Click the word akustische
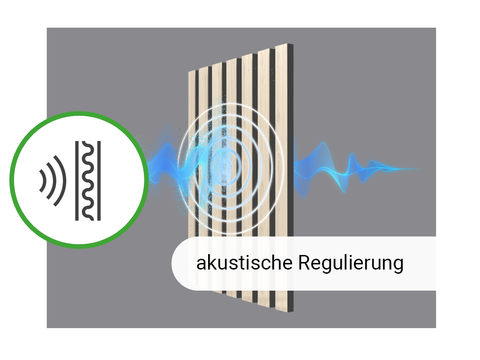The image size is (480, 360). [244, 262]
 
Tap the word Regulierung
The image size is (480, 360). [351, 263]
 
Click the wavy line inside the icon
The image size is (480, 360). [88, 180]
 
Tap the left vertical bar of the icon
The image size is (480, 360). [77, 180]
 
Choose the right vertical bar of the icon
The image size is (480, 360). [99, 180]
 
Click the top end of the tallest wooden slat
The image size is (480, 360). [281, 45]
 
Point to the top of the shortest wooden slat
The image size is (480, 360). [192, 72]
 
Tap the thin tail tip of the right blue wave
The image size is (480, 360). [419, 169]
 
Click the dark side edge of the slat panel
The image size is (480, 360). [291, 178]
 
